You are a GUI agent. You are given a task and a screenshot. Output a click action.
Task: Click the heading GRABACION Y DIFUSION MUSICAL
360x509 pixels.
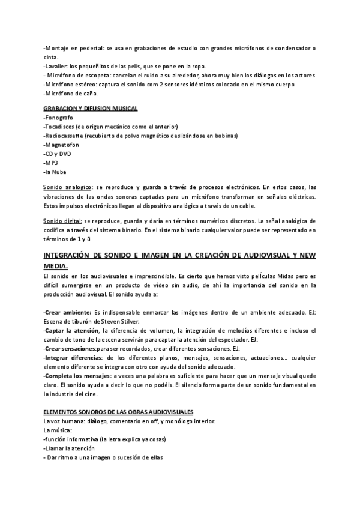click(x=91, y=108)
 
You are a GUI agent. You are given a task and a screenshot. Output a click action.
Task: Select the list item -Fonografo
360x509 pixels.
click(x=58, y=118)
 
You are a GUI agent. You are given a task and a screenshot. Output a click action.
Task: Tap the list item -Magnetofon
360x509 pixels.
click(x=61, y=145)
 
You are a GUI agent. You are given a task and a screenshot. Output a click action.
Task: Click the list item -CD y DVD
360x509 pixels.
click(x=57, y=154)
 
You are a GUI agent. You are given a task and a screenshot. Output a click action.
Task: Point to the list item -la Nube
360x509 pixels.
click(x=56, y=172)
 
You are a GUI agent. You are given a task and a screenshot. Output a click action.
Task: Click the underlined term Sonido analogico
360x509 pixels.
click(x=68, y=187)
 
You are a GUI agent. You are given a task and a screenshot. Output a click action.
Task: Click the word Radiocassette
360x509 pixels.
click(x=64, y=136)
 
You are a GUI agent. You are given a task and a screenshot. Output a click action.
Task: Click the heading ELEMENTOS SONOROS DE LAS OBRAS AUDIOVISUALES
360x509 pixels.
click(x=118, y=412)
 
